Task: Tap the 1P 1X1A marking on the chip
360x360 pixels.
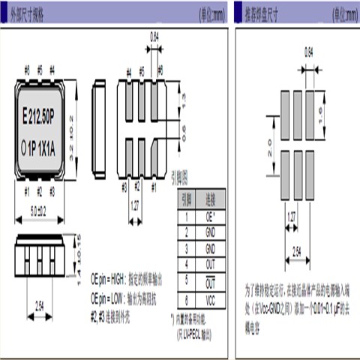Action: click(x=46, y=147)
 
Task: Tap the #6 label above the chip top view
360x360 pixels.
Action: click(x=26, y=70)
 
